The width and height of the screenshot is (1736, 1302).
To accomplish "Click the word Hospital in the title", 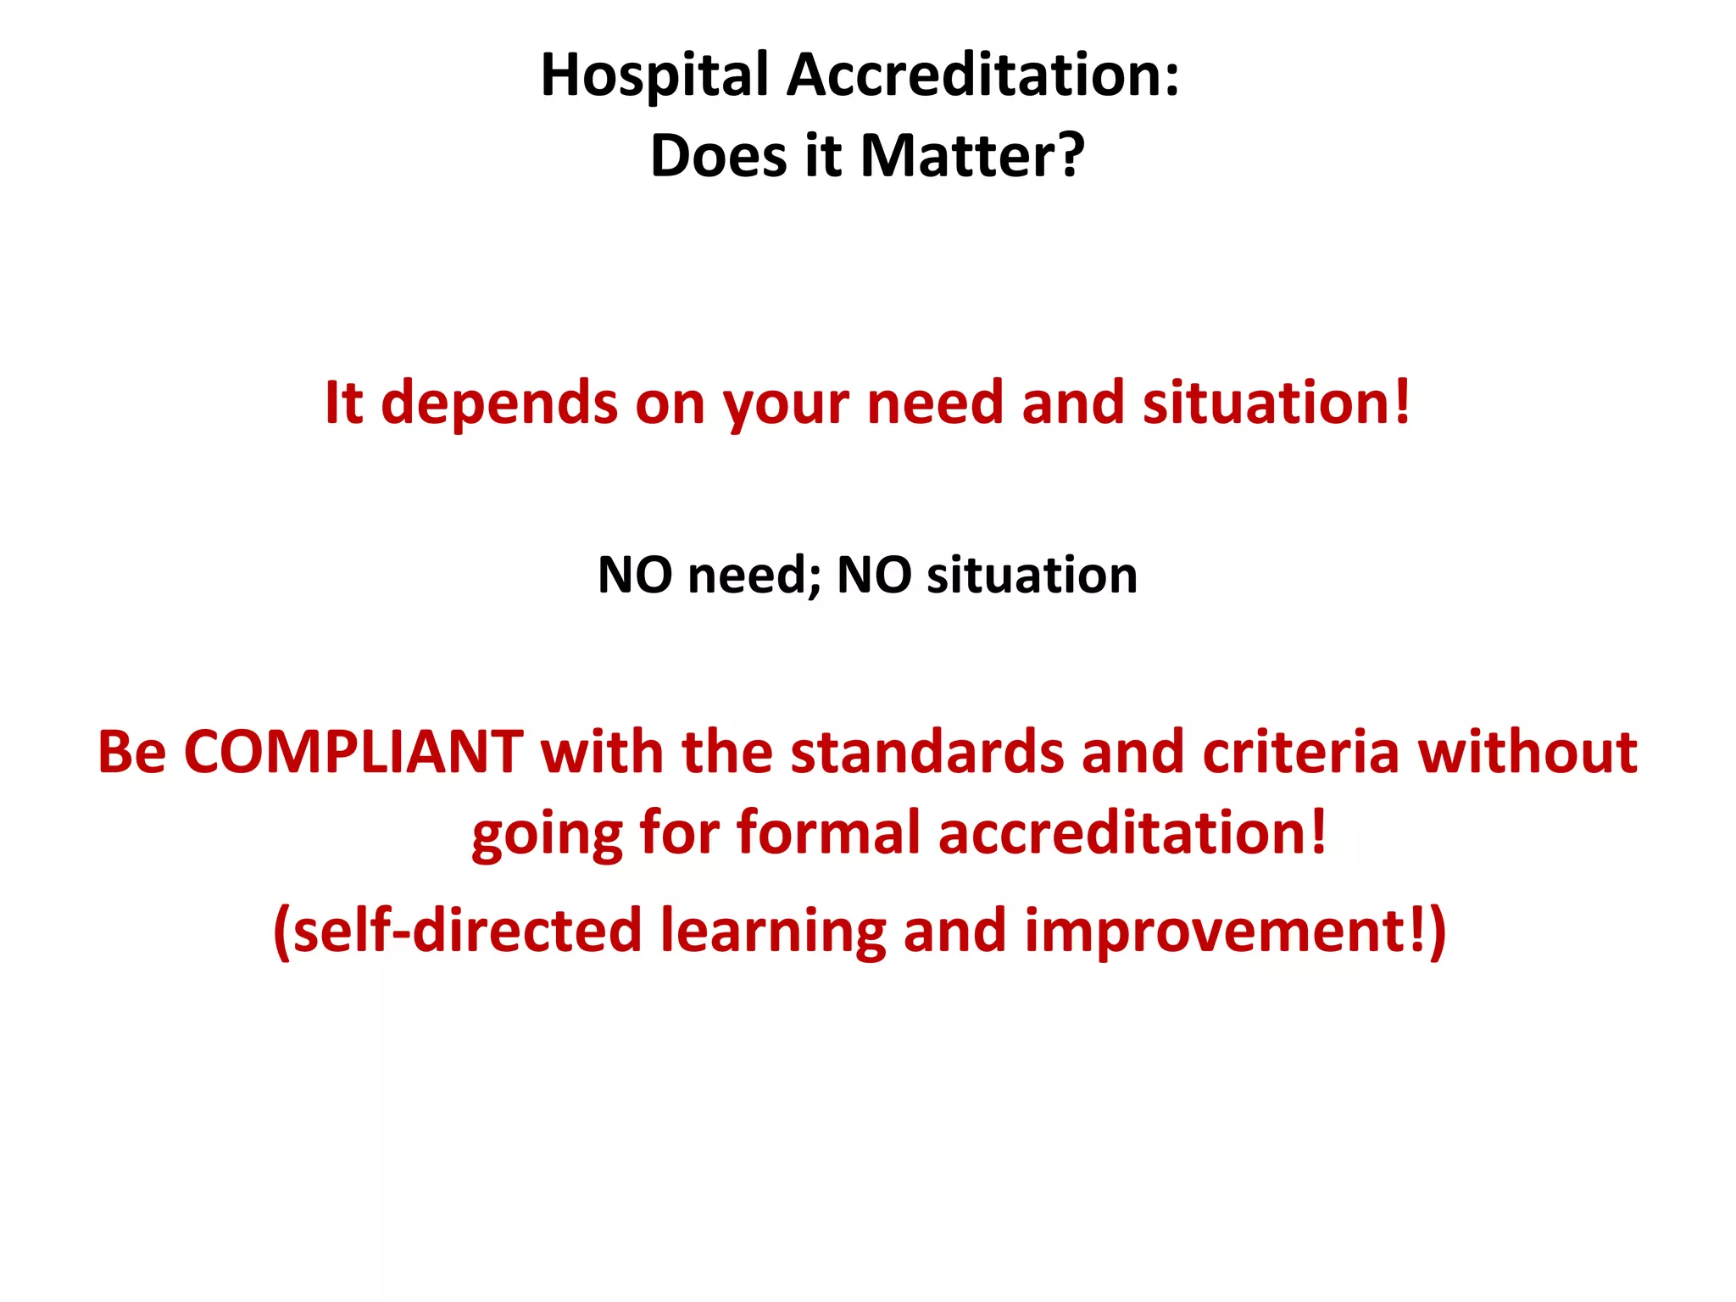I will pyautogui.click(x=654, y=76).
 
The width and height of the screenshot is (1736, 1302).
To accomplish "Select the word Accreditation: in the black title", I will pyautogui.click(x=982, y=75).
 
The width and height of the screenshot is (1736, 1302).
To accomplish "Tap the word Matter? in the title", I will pyautogui.click(x=972, y=156).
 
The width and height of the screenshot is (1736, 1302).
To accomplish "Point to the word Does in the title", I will pyautogui.click(x=719, y=156).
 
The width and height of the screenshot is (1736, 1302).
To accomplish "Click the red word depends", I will pyautogui.click(x=500, y=403).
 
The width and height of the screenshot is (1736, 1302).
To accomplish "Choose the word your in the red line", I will pyautogui.click(x=785, y=405).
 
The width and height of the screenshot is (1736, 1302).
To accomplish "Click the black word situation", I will pyautogui.click(x=1032, y=576).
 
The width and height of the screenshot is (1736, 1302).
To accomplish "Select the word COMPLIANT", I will pyautogui.click(x=353, y=752).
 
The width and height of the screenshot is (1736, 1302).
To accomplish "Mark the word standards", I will pyautogui.click(x=927, y=752).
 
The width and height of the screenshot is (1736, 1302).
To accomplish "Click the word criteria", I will pyautogui.click(x=1300, y=752).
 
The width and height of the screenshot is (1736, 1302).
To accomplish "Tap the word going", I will pyautogui.click(x=547, y=834).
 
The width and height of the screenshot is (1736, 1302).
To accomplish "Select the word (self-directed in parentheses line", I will pyautogui.click(x=458, y=931).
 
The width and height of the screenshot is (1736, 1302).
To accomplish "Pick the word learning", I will pyautogui.click(x=773, y=932).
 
